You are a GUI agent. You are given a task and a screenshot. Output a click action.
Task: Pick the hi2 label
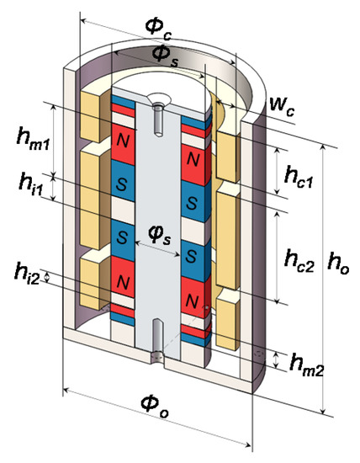coord(25,271)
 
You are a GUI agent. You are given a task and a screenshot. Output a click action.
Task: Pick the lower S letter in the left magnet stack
coord(124,237)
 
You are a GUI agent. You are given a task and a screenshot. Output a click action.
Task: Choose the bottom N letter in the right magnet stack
coord(193,300)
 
